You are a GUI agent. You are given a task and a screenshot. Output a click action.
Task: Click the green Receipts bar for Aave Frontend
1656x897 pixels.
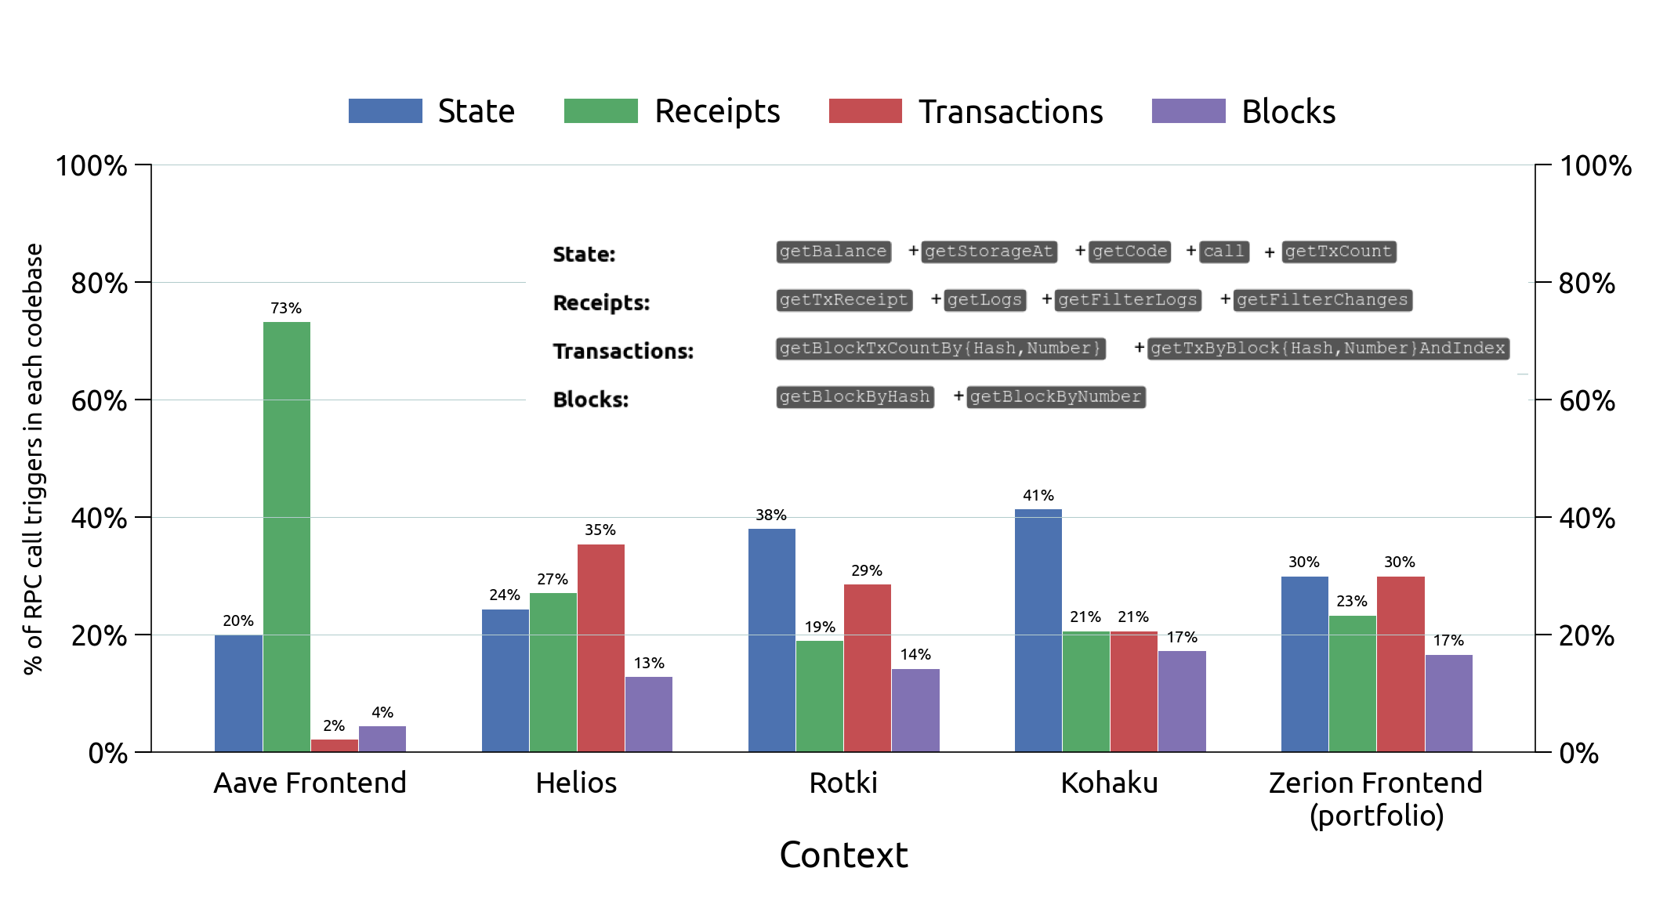pos(287,537)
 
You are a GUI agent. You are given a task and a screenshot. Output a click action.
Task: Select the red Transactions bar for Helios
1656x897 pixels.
pos(601,648)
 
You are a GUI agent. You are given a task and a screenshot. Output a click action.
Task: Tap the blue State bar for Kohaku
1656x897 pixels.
pos(1038,631)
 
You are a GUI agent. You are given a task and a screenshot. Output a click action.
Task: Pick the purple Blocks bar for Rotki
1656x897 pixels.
pos(915,710)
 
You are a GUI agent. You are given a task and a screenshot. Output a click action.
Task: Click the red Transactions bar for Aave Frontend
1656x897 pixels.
pos(335,745)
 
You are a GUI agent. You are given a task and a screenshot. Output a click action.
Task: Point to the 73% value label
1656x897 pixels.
pos(286,309)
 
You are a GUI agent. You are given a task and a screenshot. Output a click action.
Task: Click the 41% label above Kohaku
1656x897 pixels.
pos(1038,496)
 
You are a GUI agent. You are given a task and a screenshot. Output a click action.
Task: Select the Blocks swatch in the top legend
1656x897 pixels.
pos(1188,111)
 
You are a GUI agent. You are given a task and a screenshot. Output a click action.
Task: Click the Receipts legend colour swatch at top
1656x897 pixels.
pos(600,111)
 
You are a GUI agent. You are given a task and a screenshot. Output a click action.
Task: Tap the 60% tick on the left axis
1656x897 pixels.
pos(100,401)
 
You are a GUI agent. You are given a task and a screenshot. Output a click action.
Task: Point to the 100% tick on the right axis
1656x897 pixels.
pos(1595,166)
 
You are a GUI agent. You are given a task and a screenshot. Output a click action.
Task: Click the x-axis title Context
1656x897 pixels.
pos(843,855)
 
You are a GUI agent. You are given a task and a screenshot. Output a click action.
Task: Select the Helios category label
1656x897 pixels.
pos(576,783)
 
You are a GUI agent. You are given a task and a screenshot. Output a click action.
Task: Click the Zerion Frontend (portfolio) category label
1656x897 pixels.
pos(1376,798)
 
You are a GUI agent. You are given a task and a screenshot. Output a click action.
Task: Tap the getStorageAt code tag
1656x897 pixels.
pos(988,251)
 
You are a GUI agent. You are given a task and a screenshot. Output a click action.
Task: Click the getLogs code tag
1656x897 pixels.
pos(984,300)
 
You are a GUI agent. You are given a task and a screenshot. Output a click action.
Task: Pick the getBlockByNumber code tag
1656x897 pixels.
pos(1056,397)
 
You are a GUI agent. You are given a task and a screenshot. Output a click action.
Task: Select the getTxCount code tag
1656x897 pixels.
pos(1339,251)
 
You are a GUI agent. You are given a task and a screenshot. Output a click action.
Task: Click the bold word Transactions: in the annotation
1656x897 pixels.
pos(623,351)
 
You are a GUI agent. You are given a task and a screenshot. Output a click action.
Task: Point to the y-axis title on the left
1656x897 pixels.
pos(33,458)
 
